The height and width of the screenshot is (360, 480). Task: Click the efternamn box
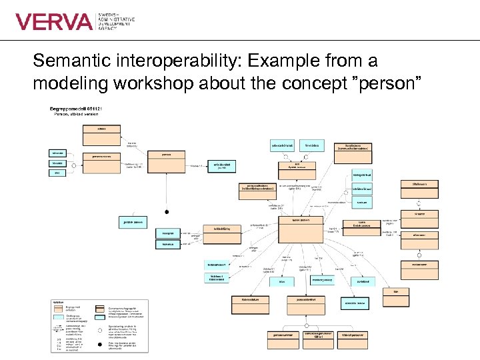(x=419, y=235)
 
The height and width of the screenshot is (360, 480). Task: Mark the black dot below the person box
(x=167, y=212)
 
